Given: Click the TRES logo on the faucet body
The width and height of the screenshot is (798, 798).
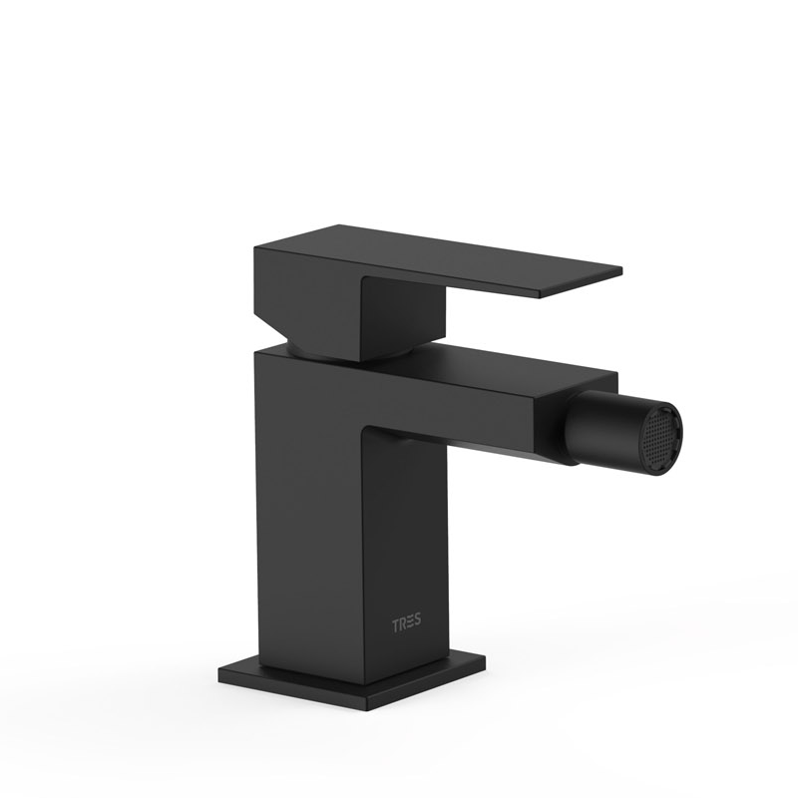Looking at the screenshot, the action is click(x=406, y=624).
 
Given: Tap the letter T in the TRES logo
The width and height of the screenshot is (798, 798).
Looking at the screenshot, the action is click(x=395, y=626).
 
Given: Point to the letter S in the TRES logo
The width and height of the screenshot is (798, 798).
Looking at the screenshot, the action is click(x=417, y=621).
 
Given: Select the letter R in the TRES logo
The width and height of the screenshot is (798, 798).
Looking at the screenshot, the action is click(x=402, y=625).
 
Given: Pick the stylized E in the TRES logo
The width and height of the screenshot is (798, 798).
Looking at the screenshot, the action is click(x=410, y=623).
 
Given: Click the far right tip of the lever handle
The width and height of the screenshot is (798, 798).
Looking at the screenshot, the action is click(x=621, y=268).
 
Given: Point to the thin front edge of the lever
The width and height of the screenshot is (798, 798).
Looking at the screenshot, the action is click(x=581, y=283).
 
